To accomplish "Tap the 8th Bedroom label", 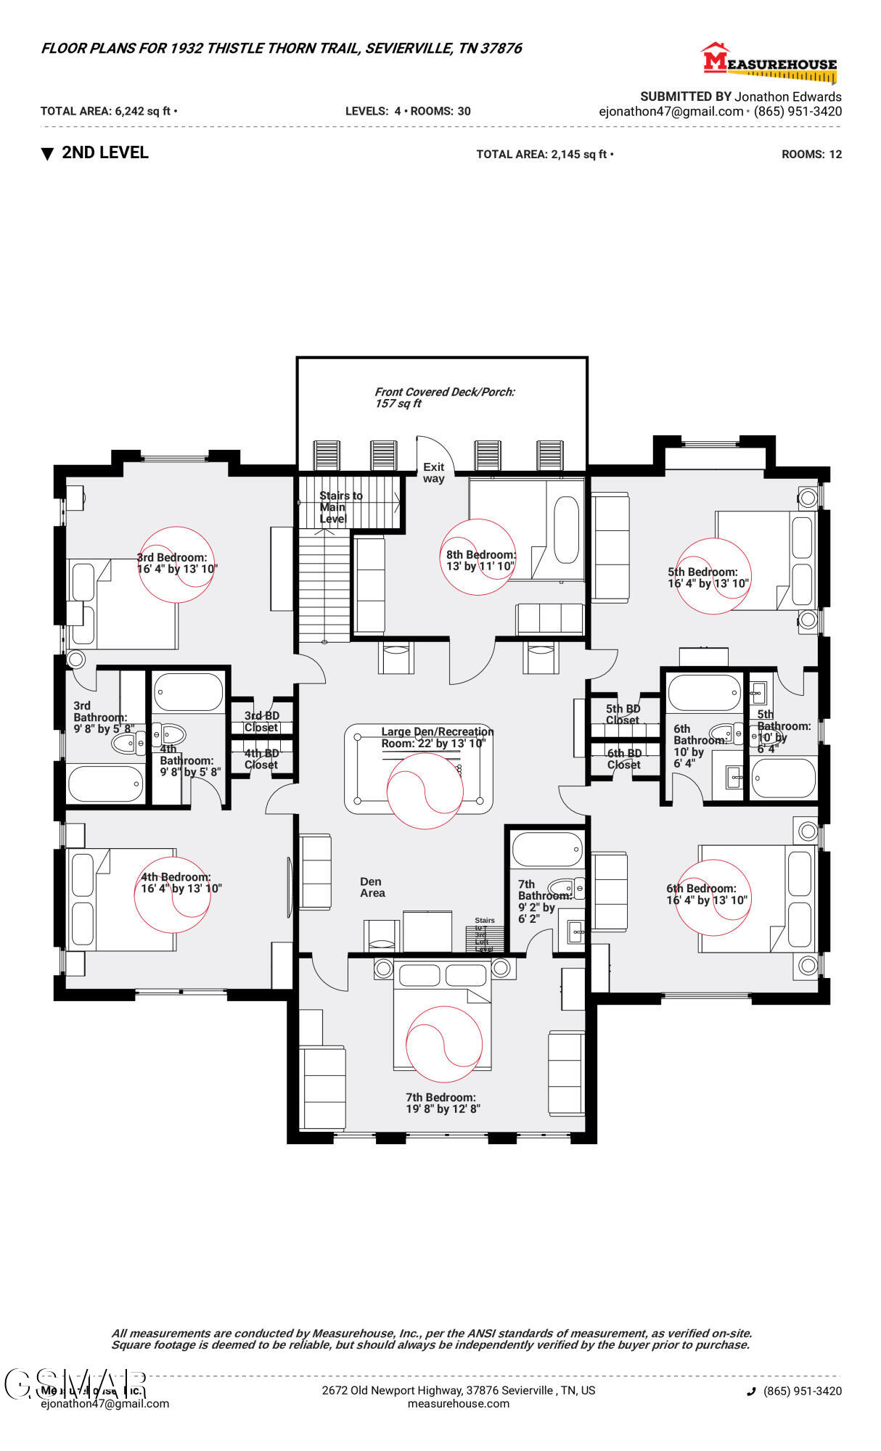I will tap(480, 560).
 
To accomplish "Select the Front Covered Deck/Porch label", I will tap(444, 397).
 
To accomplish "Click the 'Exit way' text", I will tap(434, 472).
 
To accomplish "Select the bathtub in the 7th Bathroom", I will tap(547, 848).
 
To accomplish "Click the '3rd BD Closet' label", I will tap(261, 721).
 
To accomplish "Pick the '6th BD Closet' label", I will tap(624, 759).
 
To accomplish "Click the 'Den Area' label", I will tap(372, 887).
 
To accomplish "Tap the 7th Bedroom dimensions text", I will tap(442, 1109).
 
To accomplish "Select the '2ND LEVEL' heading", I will tap(105, 152).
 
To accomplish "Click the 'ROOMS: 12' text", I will tap(811, 154).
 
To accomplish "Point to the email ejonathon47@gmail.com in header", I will tap(671, 111).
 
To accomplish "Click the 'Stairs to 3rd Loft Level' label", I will tap(484, 934).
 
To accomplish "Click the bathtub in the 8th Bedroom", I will tap(567, 530).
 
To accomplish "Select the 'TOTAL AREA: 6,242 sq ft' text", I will tap(107, 111).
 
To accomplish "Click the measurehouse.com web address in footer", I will tap(458, 1403).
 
